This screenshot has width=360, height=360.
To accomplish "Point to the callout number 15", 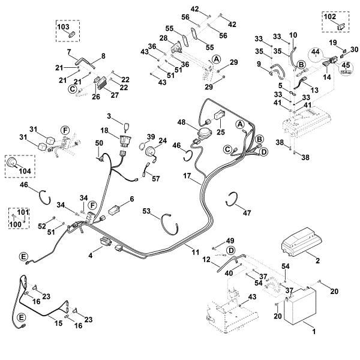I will (59, 323).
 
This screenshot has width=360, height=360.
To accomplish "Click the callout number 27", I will (115, 94).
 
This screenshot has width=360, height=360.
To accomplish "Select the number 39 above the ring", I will (151, 136).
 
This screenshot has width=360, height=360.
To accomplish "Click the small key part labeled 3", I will (128, 125).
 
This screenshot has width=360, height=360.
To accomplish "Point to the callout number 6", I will (131, 198).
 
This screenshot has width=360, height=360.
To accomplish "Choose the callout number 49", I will (232, 241).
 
